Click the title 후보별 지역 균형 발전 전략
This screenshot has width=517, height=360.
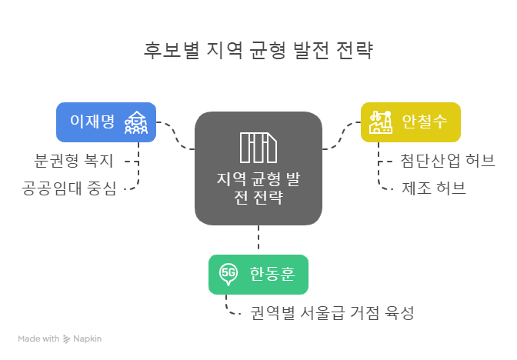[x=258, y=52]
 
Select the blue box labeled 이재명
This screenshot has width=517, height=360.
[x=106, y=122]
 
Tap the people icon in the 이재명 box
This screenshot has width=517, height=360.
[x=137, y=122]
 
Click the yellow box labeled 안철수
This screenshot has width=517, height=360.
[x=411, y=122]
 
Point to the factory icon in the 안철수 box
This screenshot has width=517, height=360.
[x=379, y=122]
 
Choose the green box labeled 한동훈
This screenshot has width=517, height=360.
[x=258, y=274]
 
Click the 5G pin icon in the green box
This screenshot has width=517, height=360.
[x=228, y=274]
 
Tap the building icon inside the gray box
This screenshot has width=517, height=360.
[x=258, y=148]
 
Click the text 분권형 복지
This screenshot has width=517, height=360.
[x=74, y=162]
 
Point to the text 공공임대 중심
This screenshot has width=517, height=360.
[x=69, y=187]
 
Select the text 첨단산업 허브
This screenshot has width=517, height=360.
[x=447, y=162]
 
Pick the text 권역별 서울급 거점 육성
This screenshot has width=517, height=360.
[x=332, y=313]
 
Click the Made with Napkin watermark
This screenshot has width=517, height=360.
[x=60, y=338]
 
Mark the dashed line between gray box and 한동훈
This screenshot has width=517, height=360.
[x=258, y=240]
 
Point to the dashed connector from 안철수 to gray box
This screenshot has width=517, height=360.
[x=340, y=135]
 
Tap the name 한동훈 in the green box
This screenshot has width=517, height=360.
[x=272, y=274]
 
